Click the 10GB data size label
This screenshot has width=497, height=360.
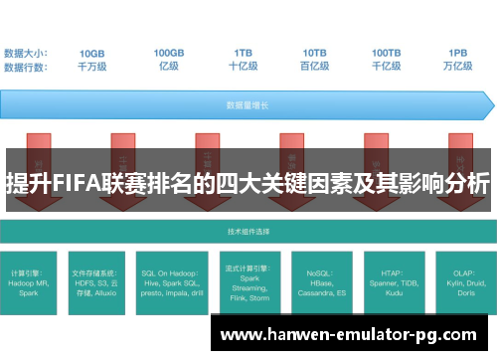[92, 53]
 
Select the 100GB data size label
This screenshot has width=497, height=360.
[169, 53]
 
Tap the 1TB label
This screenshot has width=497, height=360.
[244, 53]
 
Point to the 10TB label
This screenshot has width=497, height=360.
[315, 53]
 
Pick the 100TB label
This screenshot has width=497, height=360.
[387, 53]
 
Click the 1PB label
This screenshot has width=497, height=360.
[458, 53]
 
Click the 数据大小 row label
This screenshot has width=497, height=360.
[27, 53]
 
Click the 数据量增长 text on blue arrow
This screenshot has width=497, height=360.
[244, 103]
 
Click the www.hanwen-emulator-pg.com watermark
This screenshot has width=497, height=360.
[353, 335]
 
